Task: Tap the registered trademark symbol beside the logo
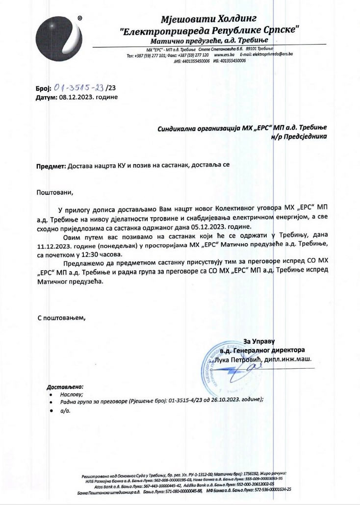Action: coord(79,18)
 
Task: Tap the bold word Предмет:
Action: coord(51,166)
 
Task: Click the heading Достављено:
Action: coord(65,386)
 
